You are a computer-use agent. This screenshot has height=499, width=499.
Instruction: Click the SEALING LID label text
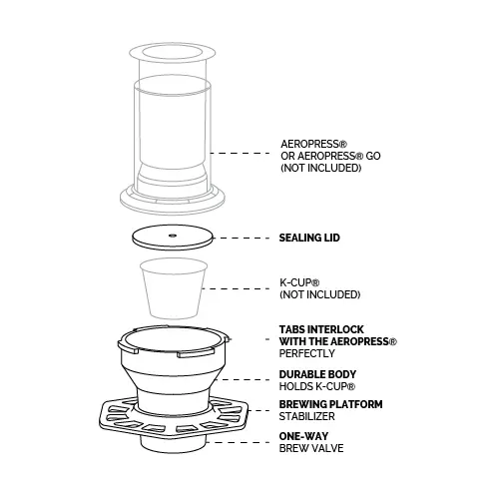[x=309, y=238]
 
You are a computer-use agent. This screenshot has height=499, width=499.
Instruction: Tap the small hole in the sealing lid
[x=173, y=236]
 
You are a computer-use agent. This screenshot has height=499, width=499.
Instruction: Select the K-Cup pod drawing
[x=174, y=288]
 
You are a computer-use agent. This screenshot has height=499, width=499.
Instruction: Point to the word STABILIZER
[x=306, y=416]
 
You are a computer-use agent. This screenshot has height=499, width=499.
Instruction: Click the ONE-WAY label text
[x=303, y=436]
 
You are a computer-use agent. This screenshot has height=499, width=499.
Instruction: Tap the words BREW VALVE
[x=311, y=448]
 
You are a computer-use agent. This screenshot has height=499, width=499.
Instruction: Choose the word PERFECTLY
[x=306, y=353]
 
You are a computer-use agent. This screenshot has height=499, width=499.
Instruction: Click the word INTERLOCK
[x=335, y=329]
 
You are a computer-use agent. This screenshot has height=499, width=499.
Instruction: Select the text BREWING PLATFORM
[x=330, y=404]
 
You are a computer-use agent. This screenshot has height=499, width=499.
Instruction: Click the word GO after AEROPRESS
[x=373, y=156]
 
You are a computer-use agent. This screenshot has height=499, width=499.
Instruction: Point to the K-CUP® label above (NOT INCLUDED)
[x=299, y=282]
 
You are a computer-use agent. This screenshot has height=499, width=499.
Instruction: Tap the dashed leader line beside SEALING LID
[x=242, y=238]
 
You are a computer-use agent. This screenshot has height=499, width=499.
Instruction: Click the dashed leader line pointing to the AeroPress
[x=240, y=153]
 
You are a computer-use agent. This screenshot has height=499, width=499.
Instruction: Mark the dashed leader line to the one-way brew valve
[x=238, y=442]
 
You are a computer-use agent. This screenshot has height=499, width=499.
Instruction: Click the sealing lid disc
[x=172, y=238]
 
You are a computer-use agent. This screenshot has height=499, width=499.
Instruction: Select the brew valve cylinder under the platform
[x=173, y=444]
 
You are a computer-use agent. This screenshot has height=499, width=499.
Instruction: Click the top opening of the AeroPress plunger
[x=173, y=52]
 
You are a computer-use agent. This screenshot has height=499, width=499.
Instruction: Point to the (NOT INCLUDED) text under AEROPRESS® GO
[x=321, y=168]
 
